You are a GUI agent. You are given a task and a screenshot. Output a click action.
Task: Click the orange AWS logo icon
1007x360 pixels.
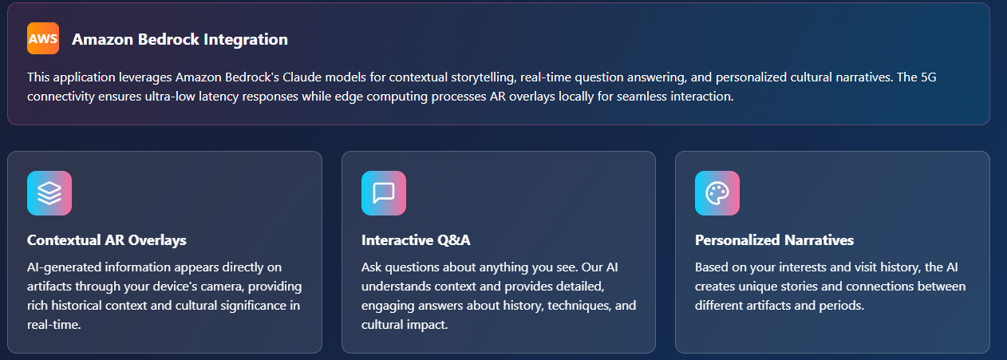pos(43,38)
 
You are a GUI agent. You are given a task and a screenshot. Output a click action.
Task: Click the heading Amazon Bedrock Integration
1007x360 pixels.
pos(180,39)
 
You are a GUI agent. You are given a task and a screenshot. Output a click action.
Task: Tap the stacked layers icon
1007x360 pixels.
pos(49,193)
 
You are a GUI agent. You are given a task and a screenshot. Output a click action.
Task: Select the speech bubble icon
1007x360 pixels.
pos(384,193)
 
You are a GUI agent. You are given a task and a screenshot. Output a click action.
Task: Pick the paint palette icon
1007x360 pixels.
pos(717,193)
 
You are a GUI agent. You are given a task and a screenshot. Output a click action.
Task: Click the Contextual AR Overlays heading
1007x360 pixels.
pos(107,240)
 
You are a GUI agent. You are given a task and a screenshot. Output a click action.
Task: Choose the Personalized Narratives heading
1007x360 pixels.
pos(774,240)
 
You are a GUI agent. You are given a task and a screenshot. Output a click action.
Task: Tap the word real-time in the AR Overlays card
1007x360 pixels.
pos(53,325)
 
